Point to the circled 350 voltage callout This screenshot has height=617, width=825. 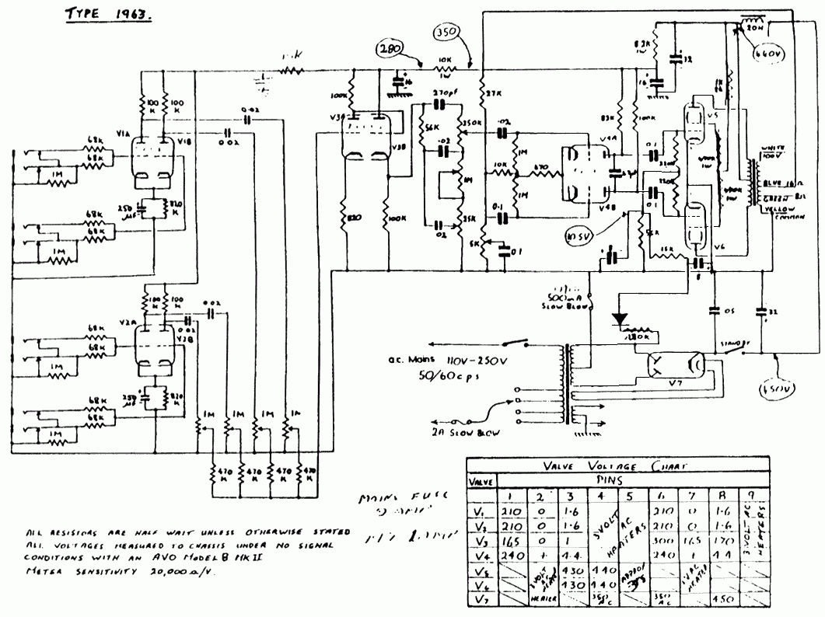[x=445, y=34]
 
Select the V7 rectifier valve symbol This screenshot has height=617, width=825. [x=674, y=364]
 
